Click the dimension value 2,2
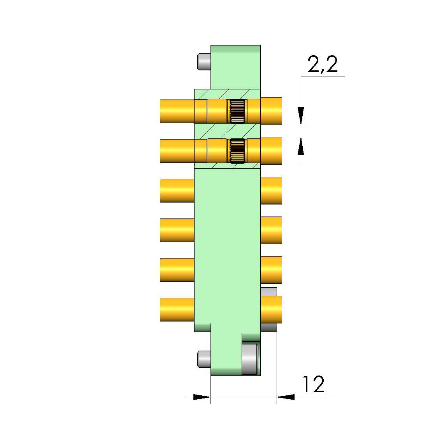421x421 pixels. pyautogui.click(x=323, y=65)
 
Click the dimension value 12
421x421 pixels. pyautogui.click(x=314, y=384)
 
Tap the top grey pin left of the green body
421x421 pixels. pyautogui.click(x=204, y=62)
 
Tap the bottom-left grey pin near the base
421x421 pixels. pyautogui.click(x=204, y=359)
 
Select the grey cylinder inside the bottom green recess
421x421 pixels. pyautogui.click(x=250, y=359)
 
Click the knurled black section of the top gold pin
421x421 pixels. pyautogui.click(x=237, y=111)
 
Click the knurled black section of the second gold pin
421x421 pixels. pyautogui.click(x=237, y=151)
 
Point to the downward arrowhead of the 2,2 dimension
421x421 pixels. pyautogui.click(x=301, y=116)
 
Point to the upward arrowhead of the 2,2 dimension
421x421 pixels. pyautogui.click(x=301, y=146)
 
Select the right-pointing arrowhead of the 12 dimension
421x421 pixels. pyautogui.click(x=202, y=397)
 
